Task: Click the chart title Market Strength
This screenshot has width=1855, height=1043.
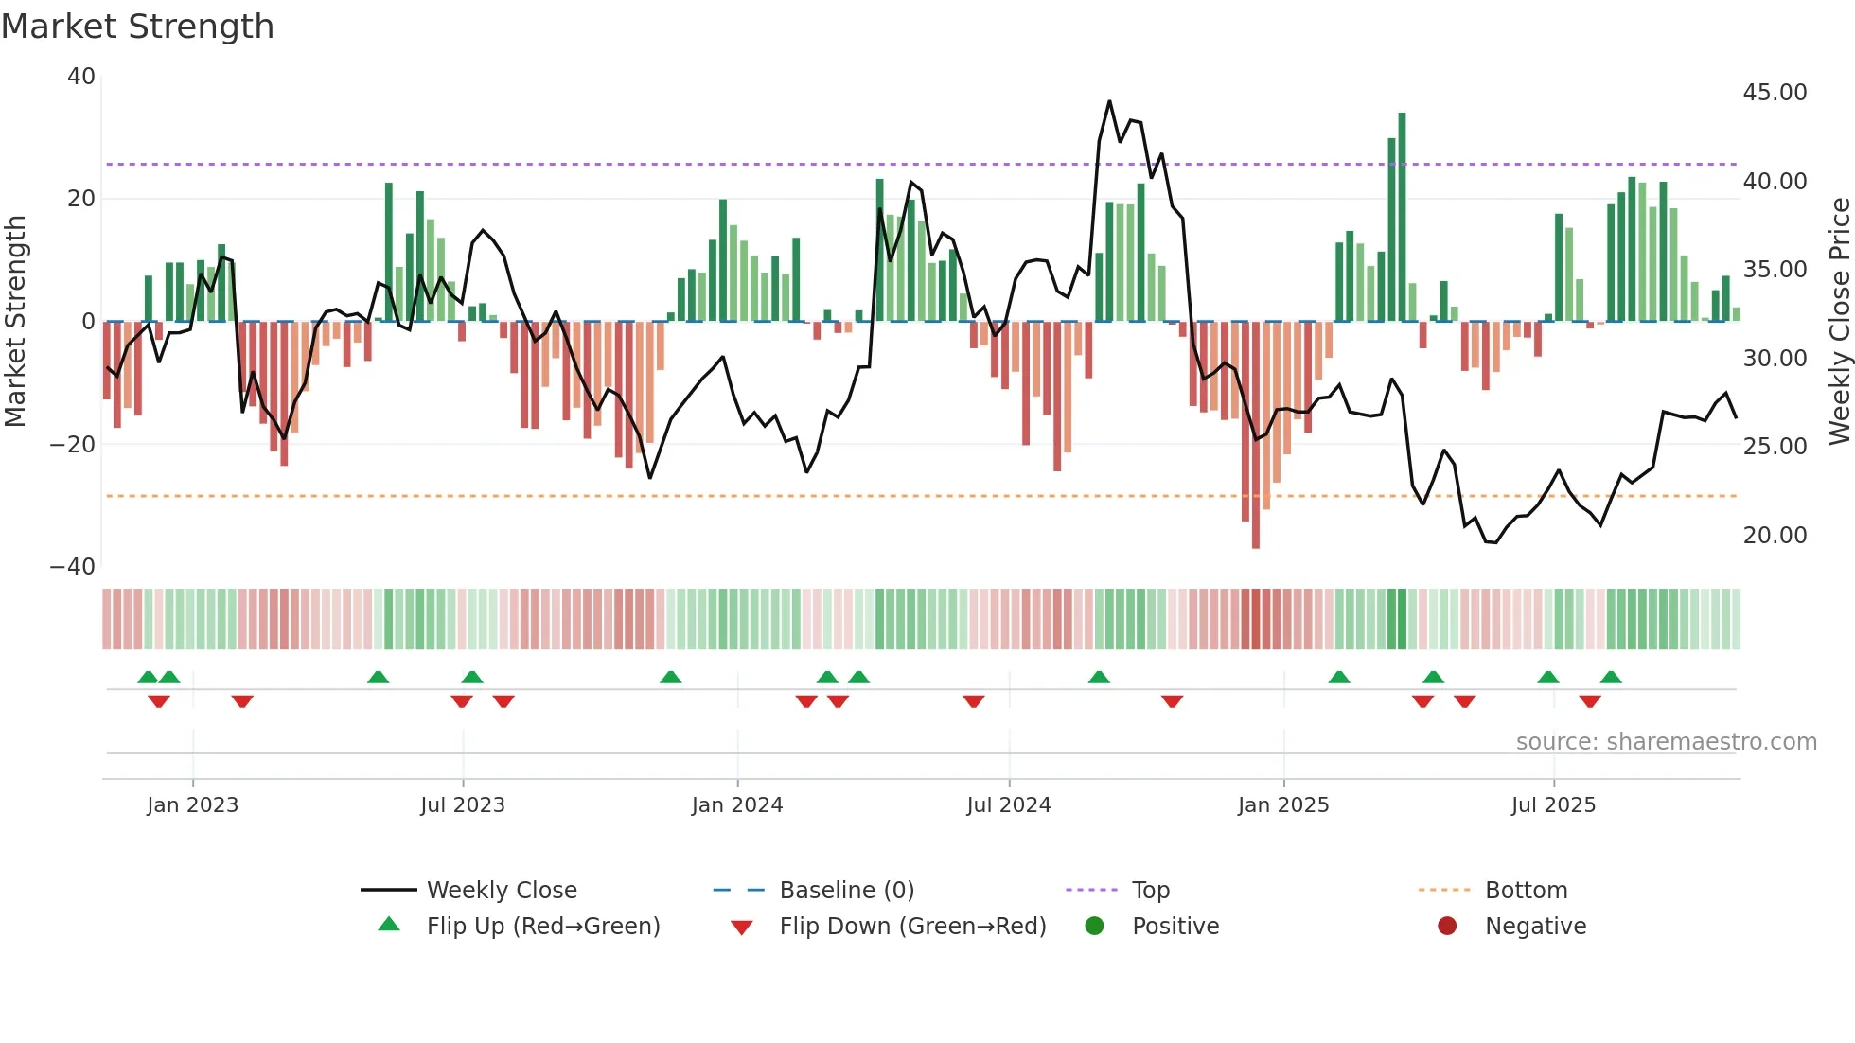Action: (137, 27)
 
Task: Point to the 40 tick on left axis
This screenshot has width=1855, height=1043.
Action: (81, 77)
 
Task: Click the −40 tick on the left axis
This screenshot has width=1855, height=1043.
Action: (73, 567)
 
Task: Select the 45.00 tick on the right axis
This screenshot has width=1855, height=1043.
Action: (1775, 93)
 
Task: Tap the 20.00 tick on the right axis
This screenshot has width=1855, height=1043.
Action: (1775, 536)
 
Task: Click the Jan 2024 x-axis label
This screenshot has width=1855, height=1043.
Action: (737, 805)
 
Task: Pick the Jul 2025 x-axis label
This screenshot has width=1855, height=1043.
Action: (1553, 805)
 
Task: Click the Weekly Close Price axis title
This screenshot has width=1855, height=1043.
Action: (1839, 322)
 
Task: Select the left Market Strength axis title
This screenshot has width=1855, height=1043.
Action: (15, 322)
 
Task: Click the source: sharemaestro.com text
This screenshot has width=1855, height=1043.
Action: (1666, 742)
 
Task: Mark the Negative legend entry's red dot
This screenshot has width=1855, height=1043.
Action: (1447, 927)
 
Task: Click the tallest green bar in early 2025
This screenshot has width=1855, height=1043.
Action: (1402, 218)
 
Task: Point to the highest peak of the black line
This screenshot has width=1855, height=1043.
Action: (1109, 101)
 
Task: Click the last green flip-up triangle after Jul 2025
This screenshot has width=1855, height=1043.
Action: (1611, 677)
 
